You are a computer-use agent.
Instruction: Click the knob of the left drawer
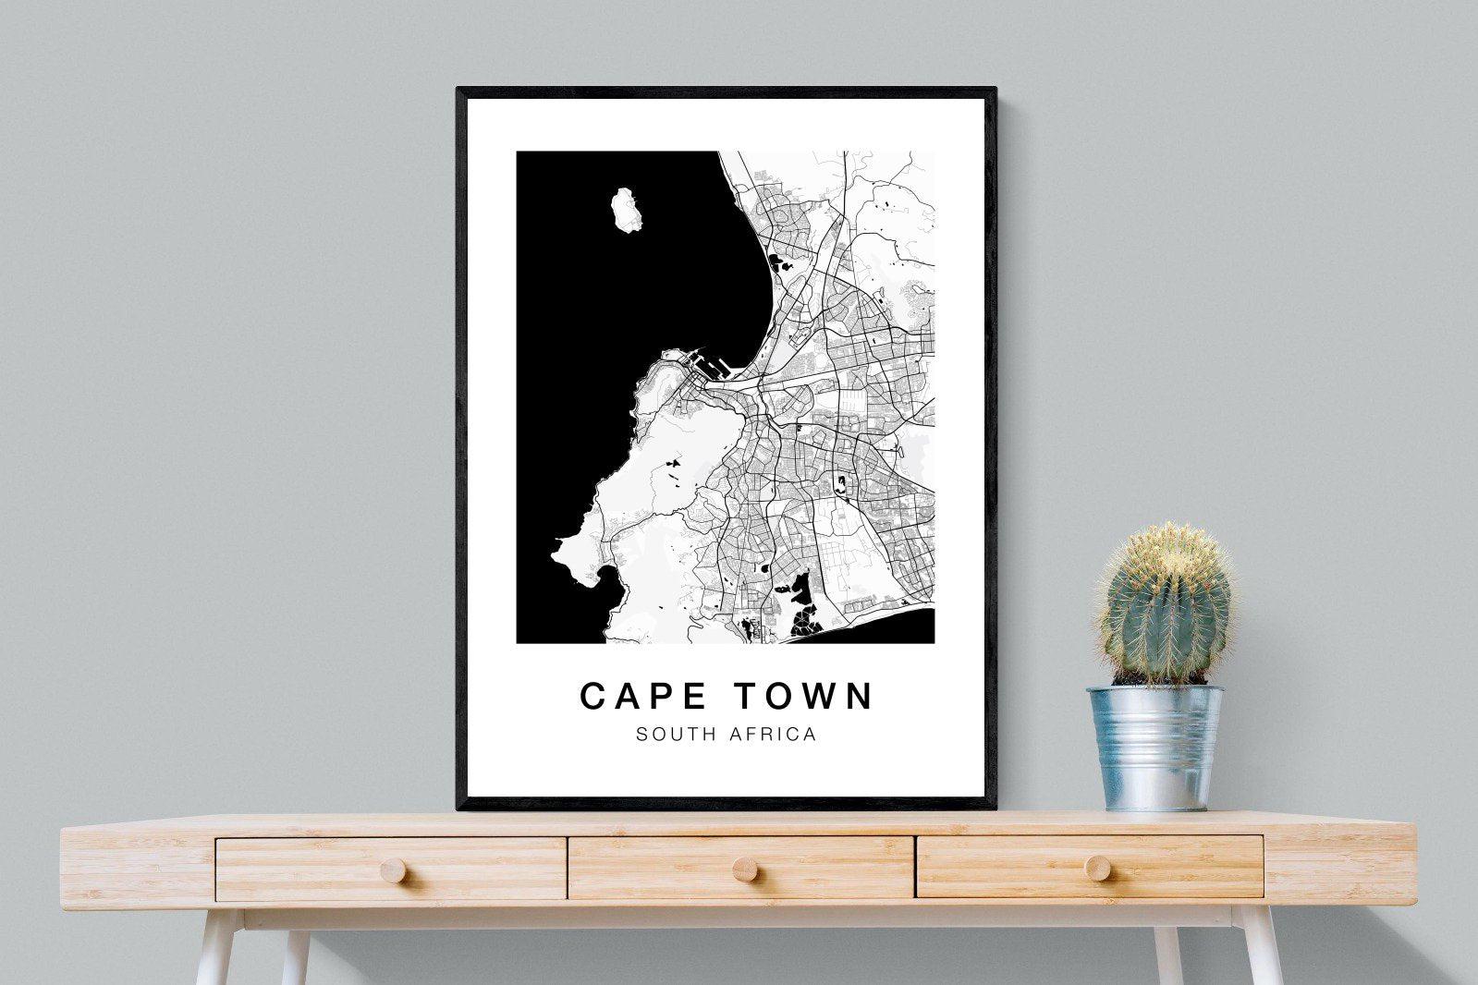[x=392, y=869]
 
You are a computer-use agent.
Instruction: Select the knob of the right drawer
[x=1097, y=867]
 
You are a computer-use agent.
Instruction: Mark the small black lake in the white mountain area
[x=674, y=460]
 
